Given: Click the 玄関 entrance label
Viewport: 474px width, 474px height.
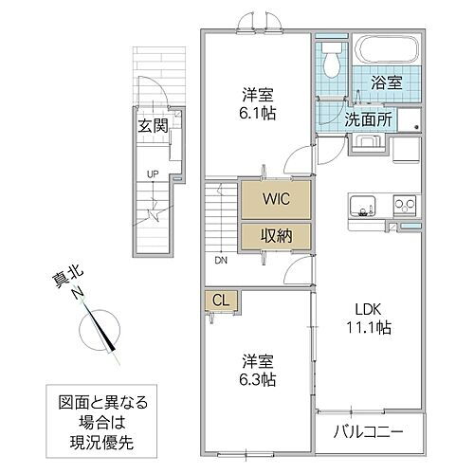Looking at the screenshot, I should pyautogui.click(x=152, y=125).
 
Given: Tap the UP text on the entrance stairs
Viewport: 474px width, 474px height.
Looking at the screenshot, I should pyautogui.click(x=151, y=173).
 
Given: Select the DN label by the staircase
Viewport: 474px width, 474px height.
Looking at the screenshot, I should pyautogui.click(x=219, y=261).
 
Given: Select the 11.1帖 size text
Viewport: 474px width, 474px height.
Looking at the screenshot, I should pyautogui.click(x=371, y=327).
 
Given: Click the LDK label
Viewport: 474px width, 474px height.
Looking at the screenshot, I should pyautogui.click(x=371, y=307).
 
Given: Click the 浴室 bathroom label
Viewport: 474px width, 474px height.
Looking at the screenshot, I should pyautogui.click(x=385, y=82).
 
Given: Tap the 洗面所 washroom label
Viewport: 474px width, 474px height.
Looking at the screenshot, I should pyautogui.click(x=365, y=120).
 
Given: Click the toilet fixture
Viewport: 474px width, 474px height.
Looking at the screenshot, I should pyautogui.click(x=331, y=63).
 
